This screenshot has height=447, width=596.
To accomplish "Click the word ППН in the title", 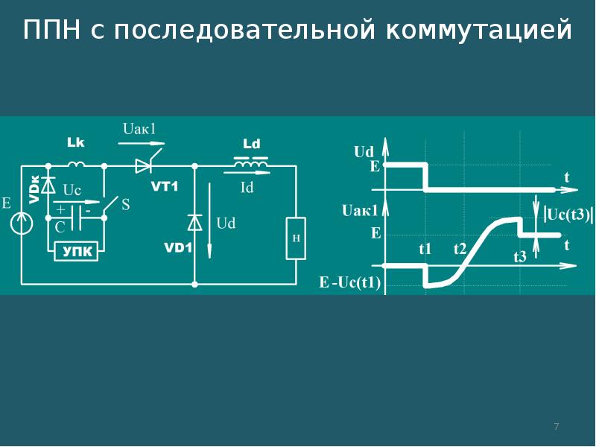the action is pos(51,30).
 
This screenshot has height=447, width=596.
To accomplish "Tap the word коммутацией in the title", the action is pos(479,31).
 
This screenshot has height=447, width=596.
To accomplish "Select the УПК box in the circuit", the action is pos(77,251).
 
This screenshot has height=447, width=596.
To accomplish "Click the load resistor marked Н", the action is pos(296,238).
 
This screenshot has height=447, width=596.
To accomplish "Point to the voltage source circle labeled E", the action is pos(22,223).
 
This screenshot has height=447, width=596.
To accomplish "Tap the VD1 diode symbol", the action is pos(194,223).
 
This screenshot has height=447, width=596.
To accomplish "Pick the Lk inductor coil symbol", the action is pos(77,164).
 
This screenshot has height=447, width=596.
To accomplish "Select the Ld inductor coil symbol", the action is pos(251,162).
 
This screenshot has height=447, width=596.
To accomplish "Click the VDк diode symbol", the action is pos(48,186).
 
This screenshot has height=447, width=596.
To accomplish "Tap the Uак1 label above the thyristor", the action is pos(139,129).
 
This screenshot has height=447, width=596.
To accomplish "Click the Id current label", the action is pos(247,188).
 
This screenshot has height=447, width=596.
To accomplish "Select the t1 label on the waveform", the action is pos(425,249).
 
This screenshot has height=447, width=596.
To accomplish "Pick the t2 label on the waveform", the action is pos(460,249).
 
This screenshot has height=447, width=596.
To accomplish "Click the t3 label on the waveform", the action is pos(520,257).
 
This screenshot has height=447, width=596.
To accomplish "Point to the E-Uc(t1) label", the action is pos(349,282).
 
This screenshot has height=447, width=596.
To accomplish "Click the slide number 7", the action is pos(557,426).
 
